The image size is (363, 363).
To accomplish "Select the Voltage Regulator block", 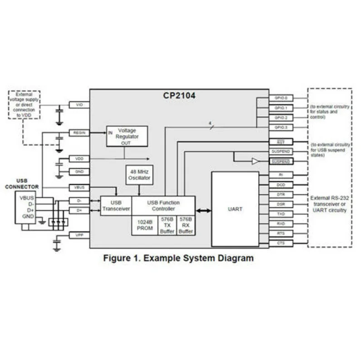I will [x=127, y=136].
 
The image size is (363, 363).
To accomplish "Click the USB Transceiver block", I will [x=116, y=206].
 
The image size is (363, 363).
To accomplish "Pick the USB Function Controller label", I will [x=163, y=206].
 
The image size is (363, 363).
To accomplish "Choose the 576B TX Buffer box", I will [x=167, y=225].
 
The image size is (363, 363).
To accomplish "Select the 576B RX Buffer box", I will [x=186, y=225].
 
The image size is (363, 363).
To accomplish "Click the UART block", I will [x=235, y=209].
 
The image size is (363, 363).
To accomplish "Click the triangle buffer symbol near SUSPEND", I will [x=255, y=161].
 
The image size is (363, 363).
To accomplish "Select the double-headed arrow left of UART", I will [x=203, y=211].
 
